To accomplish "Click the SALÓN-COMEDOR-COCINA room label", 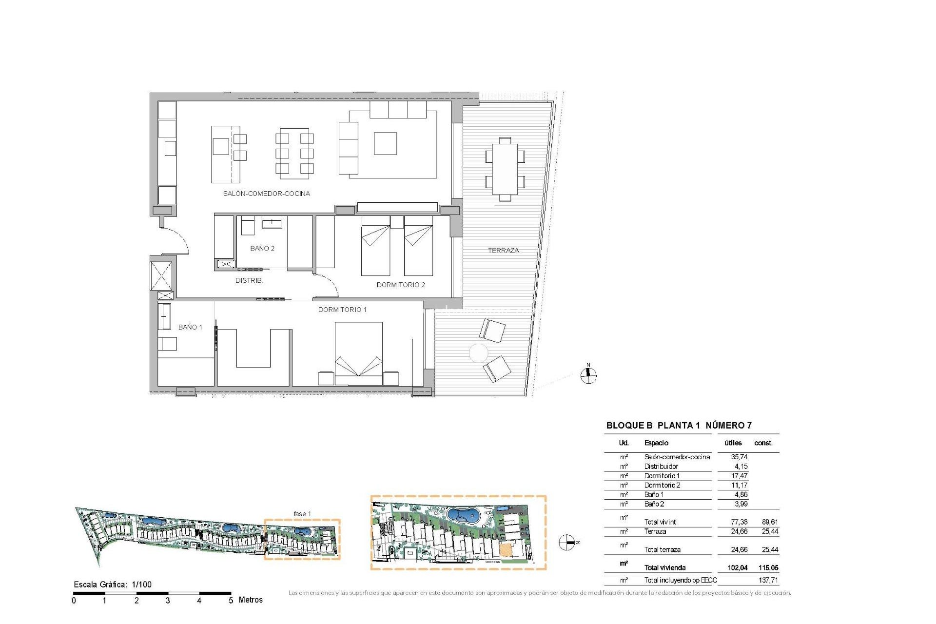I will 266,194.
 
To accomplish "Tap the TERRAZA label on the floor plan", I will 503,251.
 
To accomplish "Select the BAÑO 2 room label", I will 262,249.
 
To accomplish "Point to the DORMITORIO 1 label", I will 342,310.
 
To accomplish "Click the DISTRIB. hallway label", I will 249,281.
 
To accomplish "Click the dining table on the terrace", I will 505,169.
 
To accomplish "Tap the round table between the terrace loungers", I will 478,353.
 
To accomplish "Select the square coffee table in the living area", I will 385,143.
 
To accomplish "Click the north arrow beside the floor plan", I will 588,375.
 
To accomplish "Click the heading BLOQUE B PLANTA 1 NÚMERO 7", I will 679,426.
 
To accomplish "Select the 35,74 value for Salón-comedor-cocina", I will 739,457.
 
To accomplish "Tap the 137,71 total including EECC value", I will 768,580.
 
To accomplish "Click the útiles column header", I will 733,443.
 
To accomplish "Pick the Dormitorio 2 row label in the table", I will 662,485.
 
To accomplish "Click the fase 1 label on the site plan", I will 302,514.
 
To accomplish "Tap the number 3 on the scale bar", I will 168,601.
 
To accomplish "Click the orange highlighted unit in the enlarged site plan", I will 506,549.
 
